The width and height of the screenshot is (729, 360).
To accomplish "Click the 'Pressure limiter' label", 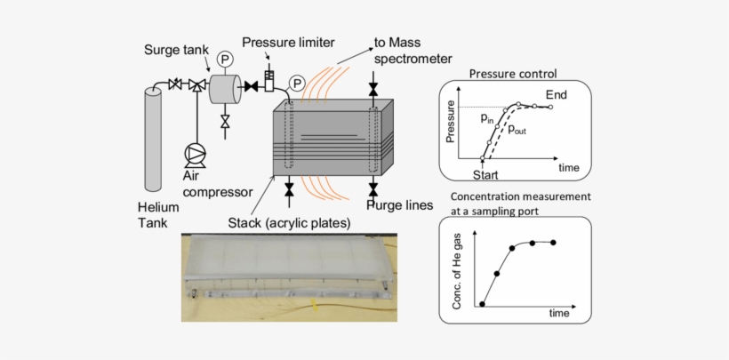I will (284, 41).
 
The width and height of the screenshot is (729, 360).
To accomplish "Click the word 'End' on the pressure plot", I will (557, 95).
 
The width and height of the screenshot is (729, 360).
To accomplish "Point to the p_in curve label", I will (487, 117).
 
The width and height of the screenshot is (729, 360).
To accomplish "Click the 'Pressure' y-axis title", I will (451, 124).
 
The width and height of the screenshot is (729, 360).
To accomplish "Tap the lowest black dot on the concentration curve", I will (482, 304).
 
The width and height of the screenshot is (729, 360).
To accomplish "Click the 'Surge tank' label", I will (176, 51).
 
